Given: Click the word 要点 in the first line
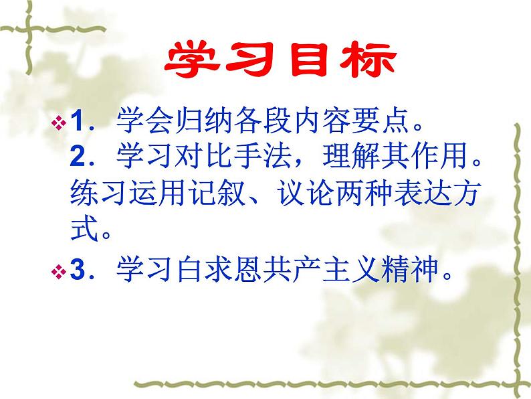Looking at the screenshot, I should pos(364,123).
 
